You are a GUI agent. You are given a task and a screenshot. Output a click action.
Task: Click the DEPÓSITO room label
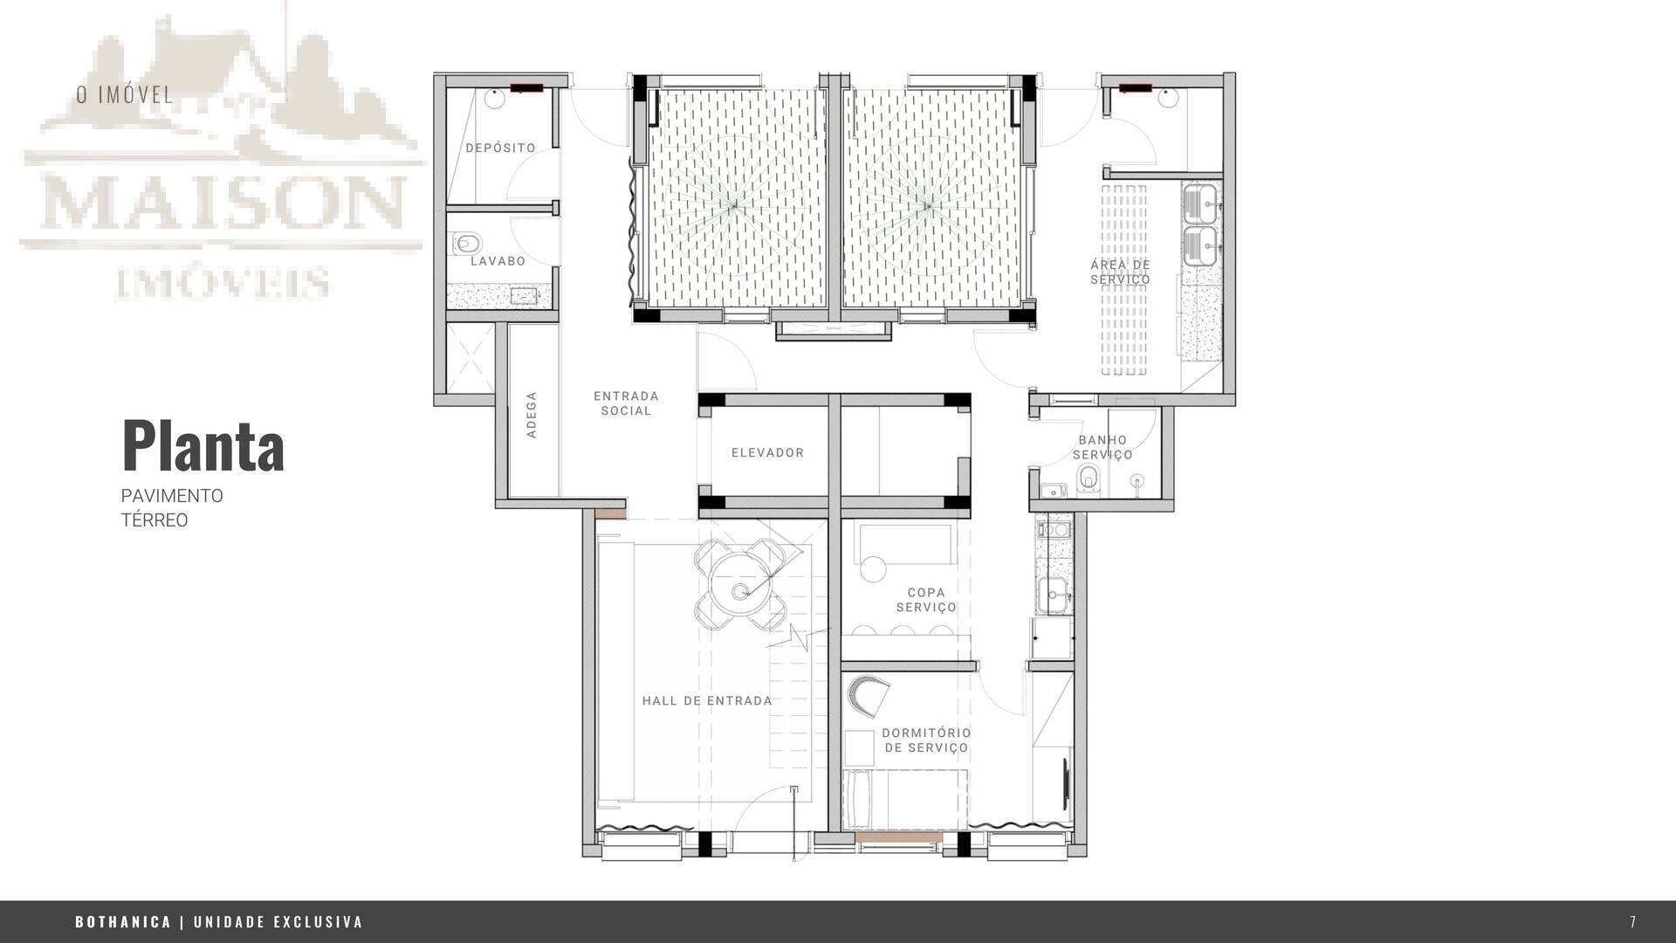tap(500, 148)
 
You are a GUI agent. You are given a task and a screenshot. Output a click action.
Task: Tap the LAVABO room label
tap(498, 261)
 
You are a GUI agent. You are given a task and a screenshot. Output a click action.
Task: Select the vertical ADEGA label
tap(532, 415)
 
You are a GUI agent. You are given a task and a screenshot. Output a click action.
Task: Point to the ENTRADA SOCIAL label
tap(626, 403)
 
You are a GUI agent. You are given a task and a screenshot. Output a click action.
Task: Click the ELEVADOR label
tap(767, 452)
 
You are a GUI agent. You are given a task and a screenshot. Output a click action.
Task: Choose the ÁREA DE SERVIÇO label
tap(1120, 272)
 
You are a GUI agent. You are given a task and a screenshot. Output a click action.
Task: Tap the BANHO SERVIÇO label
tap(1102, 447)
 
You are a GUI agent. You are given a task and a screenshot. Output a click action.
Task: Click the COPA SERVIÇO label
tap(926, 600)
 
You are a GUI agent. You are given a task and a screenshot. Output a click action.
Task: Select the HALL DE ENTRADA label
tap(707, 700)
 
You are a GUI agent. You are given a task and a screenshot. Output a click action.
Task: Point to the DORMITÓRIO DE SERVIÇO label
tap(926, 740)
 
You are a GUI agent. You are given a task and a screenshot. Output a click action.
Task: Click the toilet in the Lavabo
tap(467, 242)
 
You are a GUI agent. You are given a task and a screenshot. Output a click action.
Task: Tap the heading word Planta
tap(203, 446)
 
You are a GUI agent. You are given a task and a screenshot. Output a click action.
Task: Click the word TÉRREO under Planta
tap(155, 520)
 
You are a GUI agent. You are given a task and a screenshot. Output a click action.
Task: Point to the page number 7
tap(1633, 922)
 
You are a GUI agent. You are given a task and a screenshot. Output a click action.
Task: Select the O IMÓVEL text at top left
tap(125, 94)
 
